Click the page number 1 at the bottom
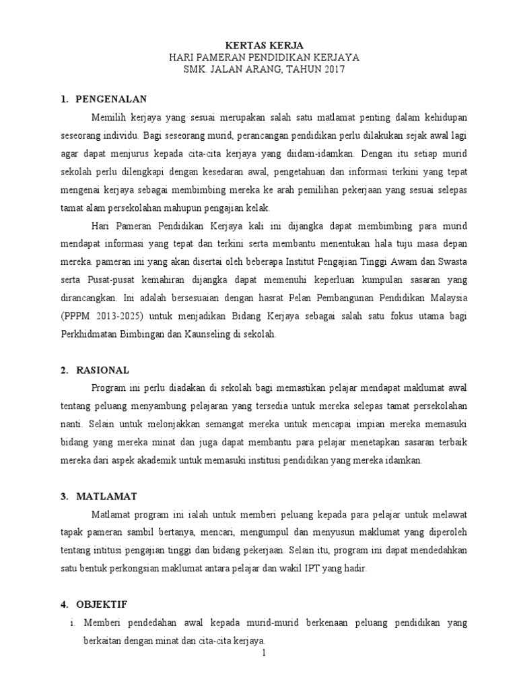[x=265, y=653]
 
